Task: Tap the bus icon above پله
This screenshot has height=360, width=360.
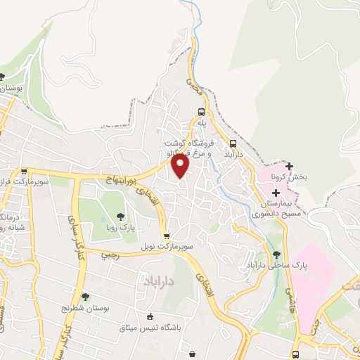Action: (202, 112)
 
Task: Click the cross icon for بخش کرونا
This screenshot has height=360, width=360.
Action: (289, 166)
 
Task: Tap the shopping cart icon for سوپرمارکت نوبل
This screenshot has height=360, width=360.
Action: (166, 237)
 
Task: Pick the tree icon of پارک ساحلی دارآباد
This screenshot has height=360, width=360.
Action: (276, 254)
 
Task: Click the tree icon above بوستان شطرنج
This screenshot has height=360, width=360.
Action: (85, 298)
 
